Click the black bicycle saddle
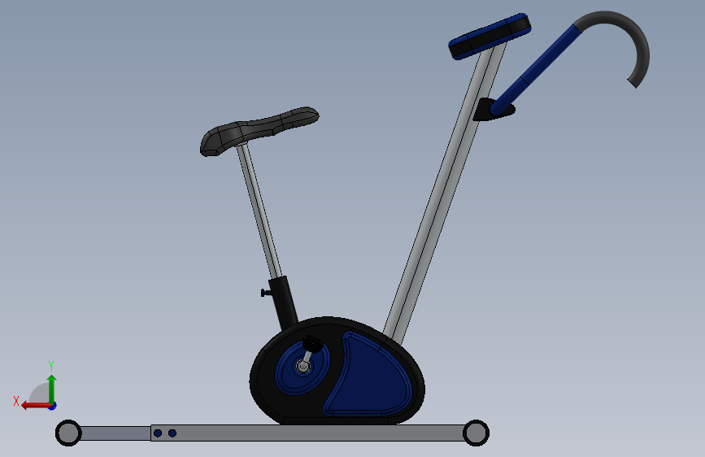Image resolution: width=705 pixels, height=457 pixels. pyautogui.click(x=256, y=130)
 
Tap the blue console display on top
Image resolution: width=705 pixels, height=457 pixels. pyautogui.click(x=490, y=36)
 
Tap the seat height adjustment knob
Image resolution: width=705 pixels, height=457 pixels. pyautogui.click(x=265, y=293)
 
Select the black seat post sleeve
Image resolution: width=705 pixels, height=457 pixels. pyautogui.click(x=283, y=302)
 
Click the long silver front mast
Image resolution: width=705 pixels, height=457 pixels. pyautogui.click(x=443, y=194)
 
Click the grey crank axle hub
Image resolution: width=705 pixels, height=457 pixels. pyautogui.click(x=302, y=366)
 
